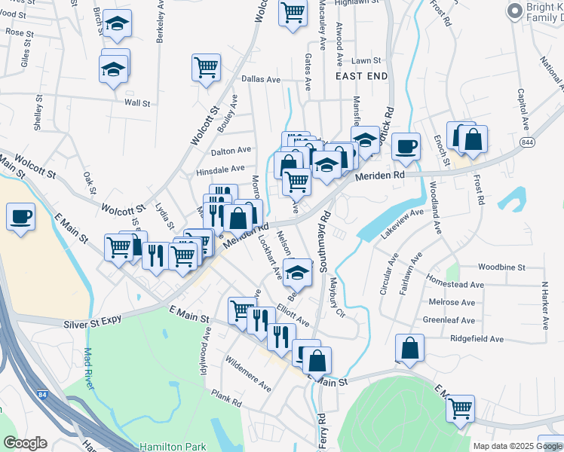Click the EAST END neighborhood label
[362, 76]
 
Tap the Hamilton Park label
[162, 446]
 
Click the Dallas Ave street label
[260, 79]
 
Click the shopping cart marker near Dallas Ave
[206, 68]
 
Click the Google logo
[26, 444]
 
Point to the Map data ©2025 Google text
[516, 446]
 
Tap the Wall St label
[137, 102]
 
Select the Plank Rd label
[226, 399]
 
